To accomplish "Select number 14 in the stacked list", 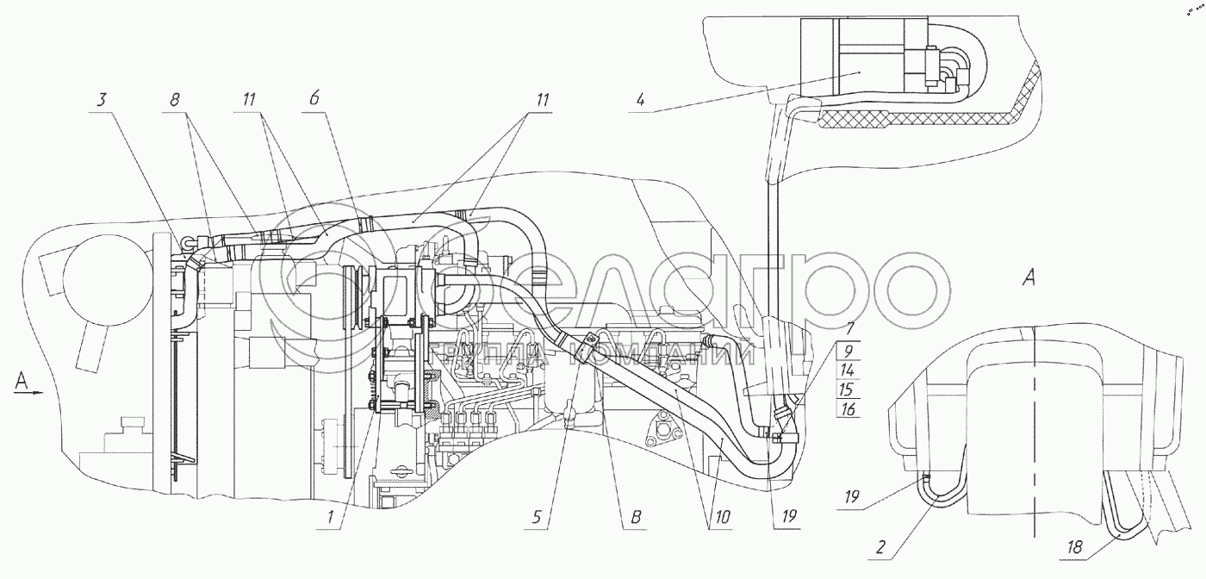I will click(x=848, y=370).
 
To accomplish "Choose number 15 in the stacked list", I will click(x=848, y=389).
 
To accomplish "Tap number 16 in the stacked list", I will click(x=848, y=409).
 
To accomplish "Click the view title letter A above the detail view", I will click(x=1028, y=277).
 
